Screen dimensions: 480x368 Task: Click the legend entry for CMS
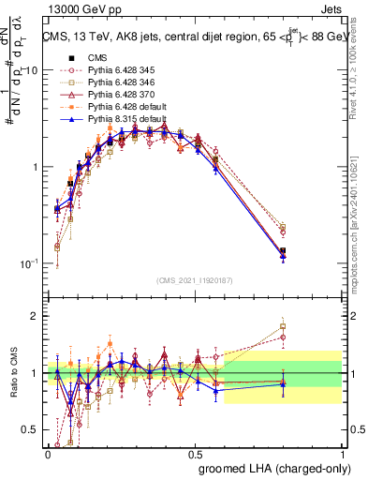[96, 56]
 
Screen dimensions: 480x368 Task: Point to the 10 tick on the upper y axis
[31, 70]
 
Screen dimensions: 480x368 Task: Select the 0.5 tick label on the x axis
[195, 455]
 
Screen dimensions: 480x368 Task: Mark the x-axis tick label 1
[343, 455]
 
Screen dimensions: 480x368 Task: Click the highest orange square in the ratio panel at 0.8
[283, 327]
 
